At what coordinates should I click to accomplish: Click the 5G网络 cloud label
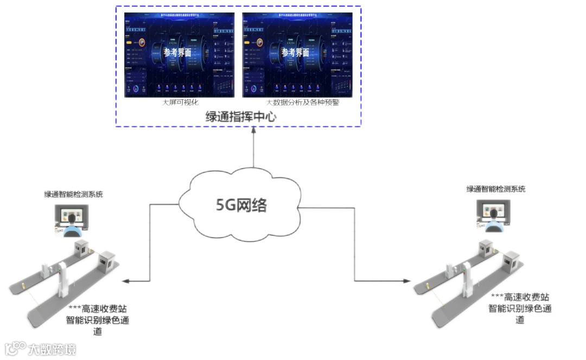coord(242,205)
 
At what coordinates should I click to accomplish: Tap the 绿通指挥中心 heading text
coord(238,116)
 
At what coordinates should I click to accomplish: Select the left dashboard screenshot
coord(180,54)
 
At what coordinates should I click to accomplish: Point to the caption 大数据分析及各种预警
coord(302,102)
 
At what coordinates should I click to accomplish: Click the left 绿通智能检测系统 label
coord(74,194)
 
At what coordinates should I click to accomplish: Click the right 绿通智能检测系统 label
coord(496,189)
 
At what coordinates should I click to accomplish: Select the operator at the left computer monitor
coord(71,224)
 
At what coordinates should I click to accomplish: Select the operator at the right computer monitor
coord(493,219)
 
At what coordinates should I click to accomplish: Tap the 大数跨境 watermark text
coord(52,349)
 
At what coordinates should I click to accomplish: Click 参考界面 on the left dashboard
coord(177,53)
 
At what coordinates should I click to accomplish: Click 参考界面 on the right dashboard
coord(295,53)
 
